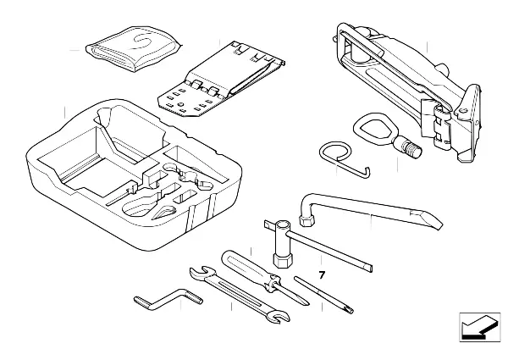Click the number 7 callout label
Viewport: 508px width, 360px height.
coord(322,275)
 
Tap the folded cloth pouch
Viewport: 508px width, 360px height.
coord(134,48)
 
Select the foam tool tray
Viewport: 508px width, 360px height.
coord(134,174)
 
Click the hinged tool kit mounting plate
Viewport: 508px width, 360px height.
coord(222,79)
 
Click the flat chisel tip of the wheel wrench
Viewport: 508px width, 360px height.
coord(427,219)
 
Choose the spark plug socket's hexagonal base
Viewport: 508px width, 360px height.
coord(283,260)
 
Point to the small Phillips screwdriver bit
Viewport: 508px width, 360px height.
coord(324,295)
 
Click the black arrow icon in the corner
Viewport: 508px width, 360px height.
coord(480,327)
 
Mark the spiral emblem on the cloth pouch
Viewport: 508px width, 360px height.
coord(143,42)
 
